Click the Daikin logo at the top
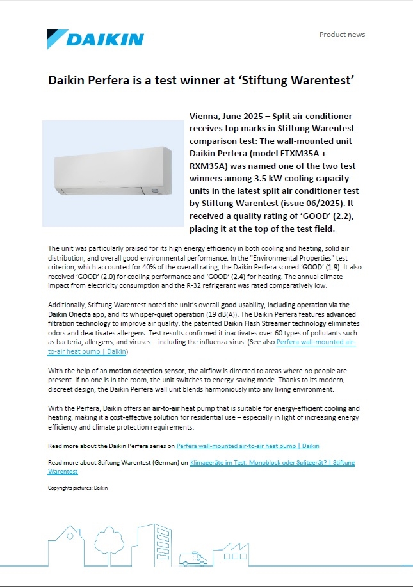96,39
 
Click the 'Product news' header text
342,35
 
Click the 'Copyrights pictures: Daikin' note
78,488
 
